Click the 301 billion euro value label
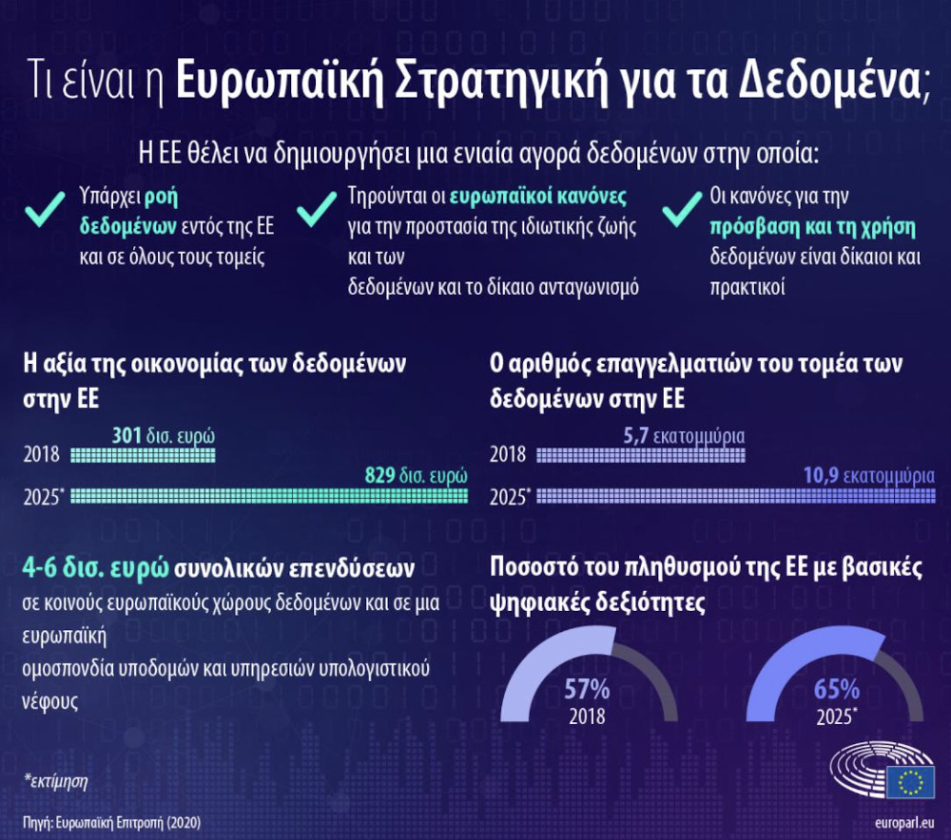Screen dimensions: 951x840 coord(164,435)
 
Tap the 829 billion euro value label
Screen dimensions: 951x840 coord(417,474)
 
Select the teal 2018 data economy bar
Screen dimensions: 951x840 coord(143,455)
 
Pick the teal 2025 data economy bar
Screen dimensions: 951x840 coord(269,496)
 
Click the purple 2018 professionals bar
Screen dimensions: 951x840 coord(640,455)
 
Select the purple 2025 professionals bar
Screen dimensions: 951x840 coord(736,496)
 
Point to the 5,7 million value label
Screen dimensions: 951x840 coord(684,435)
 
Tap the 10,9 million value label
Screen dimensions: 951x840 coord(869,475)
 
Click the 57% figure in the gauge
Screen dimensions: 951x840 coord(587,689)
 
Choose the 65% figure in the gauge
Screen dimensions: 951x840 coord(836,689)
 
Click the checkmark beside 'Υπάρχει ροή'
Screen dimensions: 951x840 coord(45,210)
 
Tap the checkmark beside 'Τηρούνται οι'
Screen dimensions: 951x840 coord(316,210)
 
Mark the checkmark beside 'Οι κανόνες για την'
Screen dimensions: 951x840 coord(682,210)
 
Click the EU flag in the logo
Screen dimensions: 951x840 coord(910,782)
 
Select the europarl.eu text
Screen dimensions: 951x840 coord(904,823)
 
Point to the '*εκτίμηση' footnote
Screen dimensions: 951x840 coord(56,781)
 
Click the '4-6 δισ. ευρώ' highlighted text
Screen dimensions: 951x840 coord(95,568)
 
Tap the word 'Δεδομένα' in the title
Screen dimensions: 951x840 coord(829,80)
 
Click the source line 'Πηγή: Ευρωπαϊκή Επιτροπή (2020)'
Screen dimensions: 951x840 coord(111,823)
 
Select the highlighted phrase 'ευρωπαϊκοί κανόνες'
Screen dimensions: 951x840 coord(538,197)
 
